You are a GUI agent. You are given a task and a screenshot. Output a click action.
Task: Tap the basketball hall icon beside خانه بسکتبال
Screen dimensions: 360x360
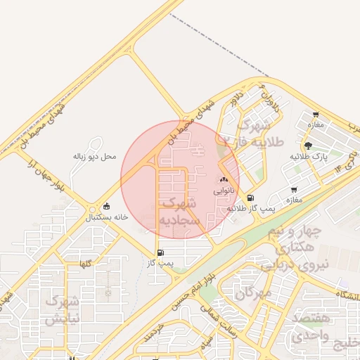tap(106, 206)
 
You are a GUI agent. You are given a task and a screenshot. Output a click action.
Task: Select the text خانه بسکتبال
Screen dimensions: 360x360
tap(107, 218)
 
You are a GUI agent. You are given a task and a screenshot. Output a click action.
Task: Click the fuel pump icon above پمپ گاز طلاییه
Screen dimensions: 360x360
tap(251, 198)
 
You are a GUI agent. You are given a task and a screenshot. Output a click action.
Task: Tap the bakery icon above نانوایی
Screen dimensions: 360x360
tap(224, 179)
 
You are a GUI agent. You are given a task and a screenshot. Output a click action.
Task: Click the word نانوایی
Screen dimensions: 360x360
tap(224, 191)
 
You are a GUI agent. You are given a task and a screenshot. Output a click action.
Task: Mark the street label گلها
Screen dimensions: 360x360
tap(86, 264)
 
